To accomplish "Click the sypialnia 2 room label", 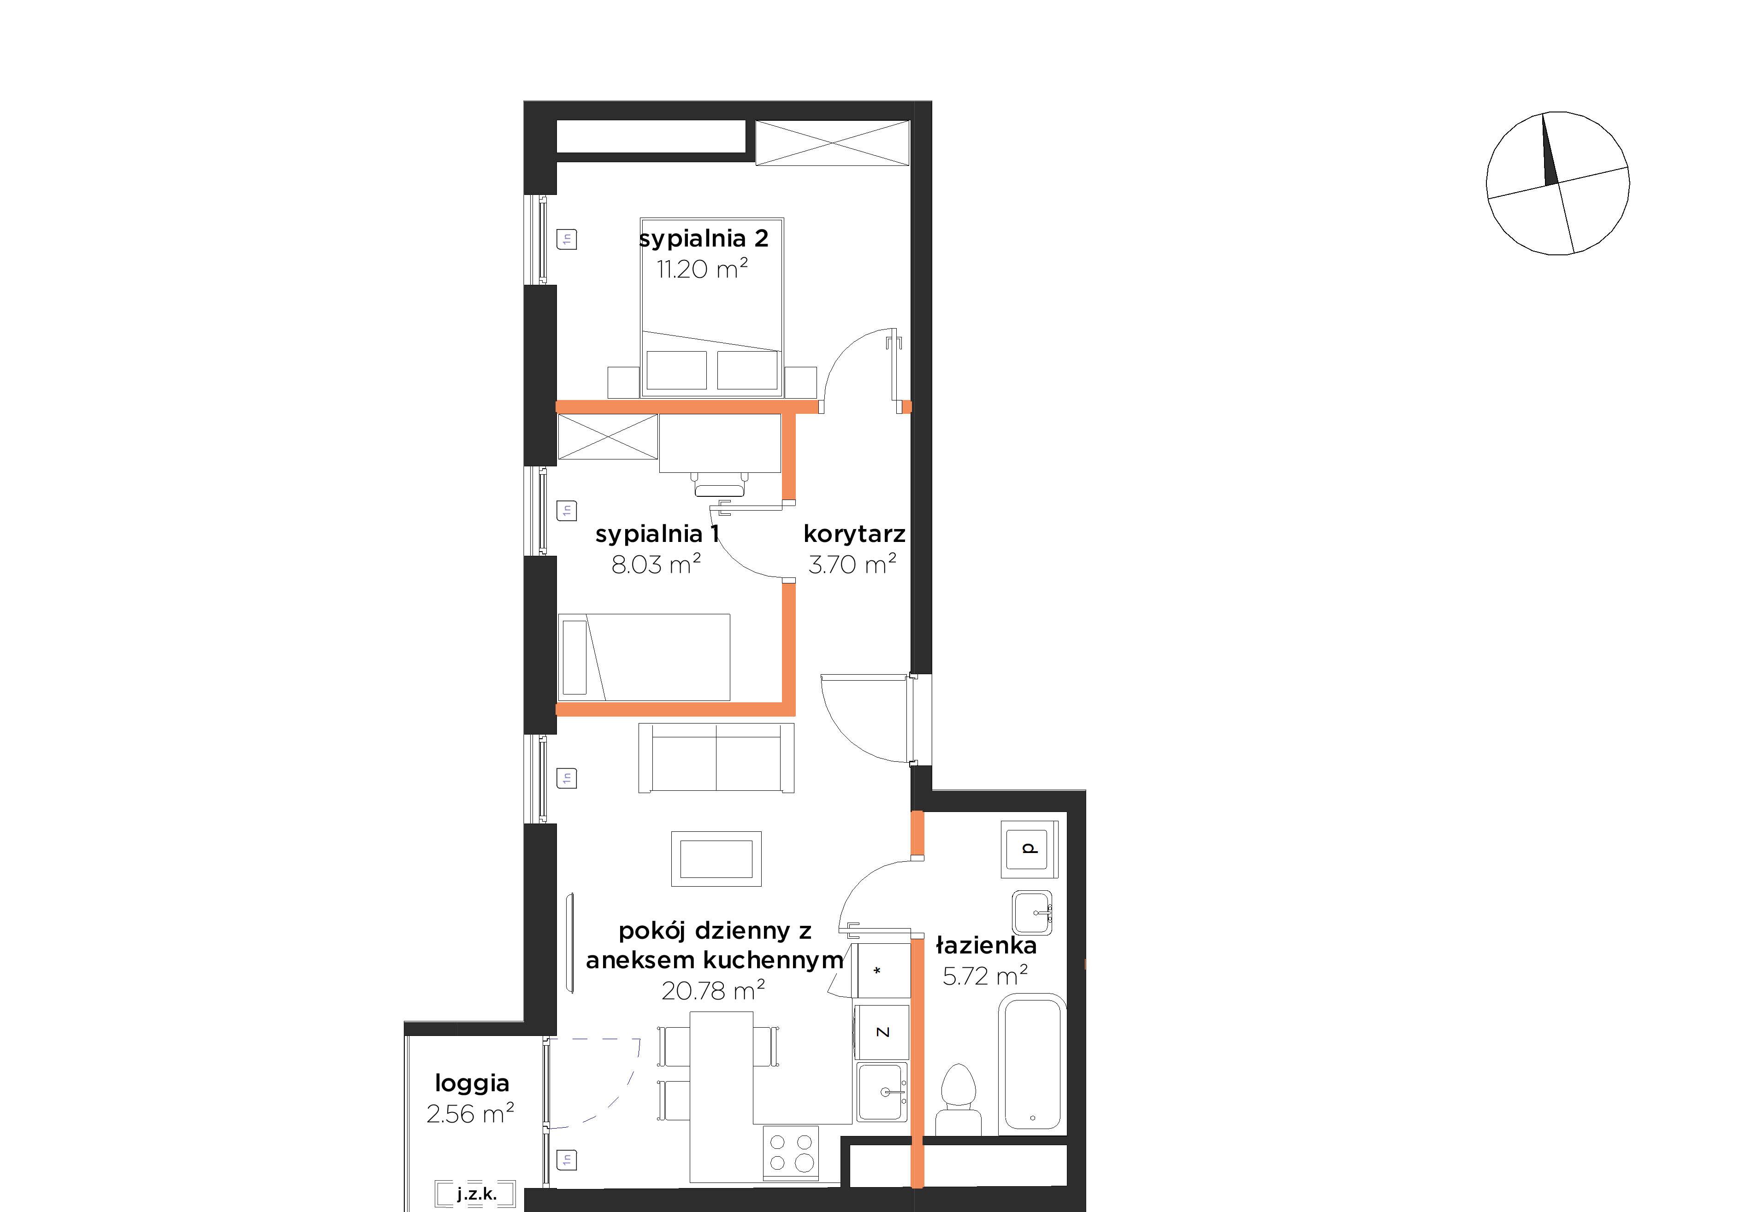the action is tap(703, 239).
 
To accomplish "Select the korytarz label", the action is tap(854, 534).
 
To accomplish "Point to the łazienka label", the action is tap(986, 945).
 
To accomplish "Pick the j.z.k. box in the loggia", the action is tap(476, 1194).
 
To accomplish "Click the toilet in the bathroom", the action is tap(958, 1100).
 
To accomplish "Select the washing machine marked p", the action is tap(1029, 848).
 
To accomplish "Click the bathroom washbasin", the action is tap(1032, 913).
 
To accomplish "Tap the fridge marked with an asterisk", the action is tap(880, 971).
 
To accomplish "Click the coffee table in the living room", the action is tap(716, 859).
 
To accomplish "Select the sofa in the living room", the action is tap(716, 758).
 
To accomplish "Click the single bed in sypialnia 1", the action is tap(644, 657).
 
